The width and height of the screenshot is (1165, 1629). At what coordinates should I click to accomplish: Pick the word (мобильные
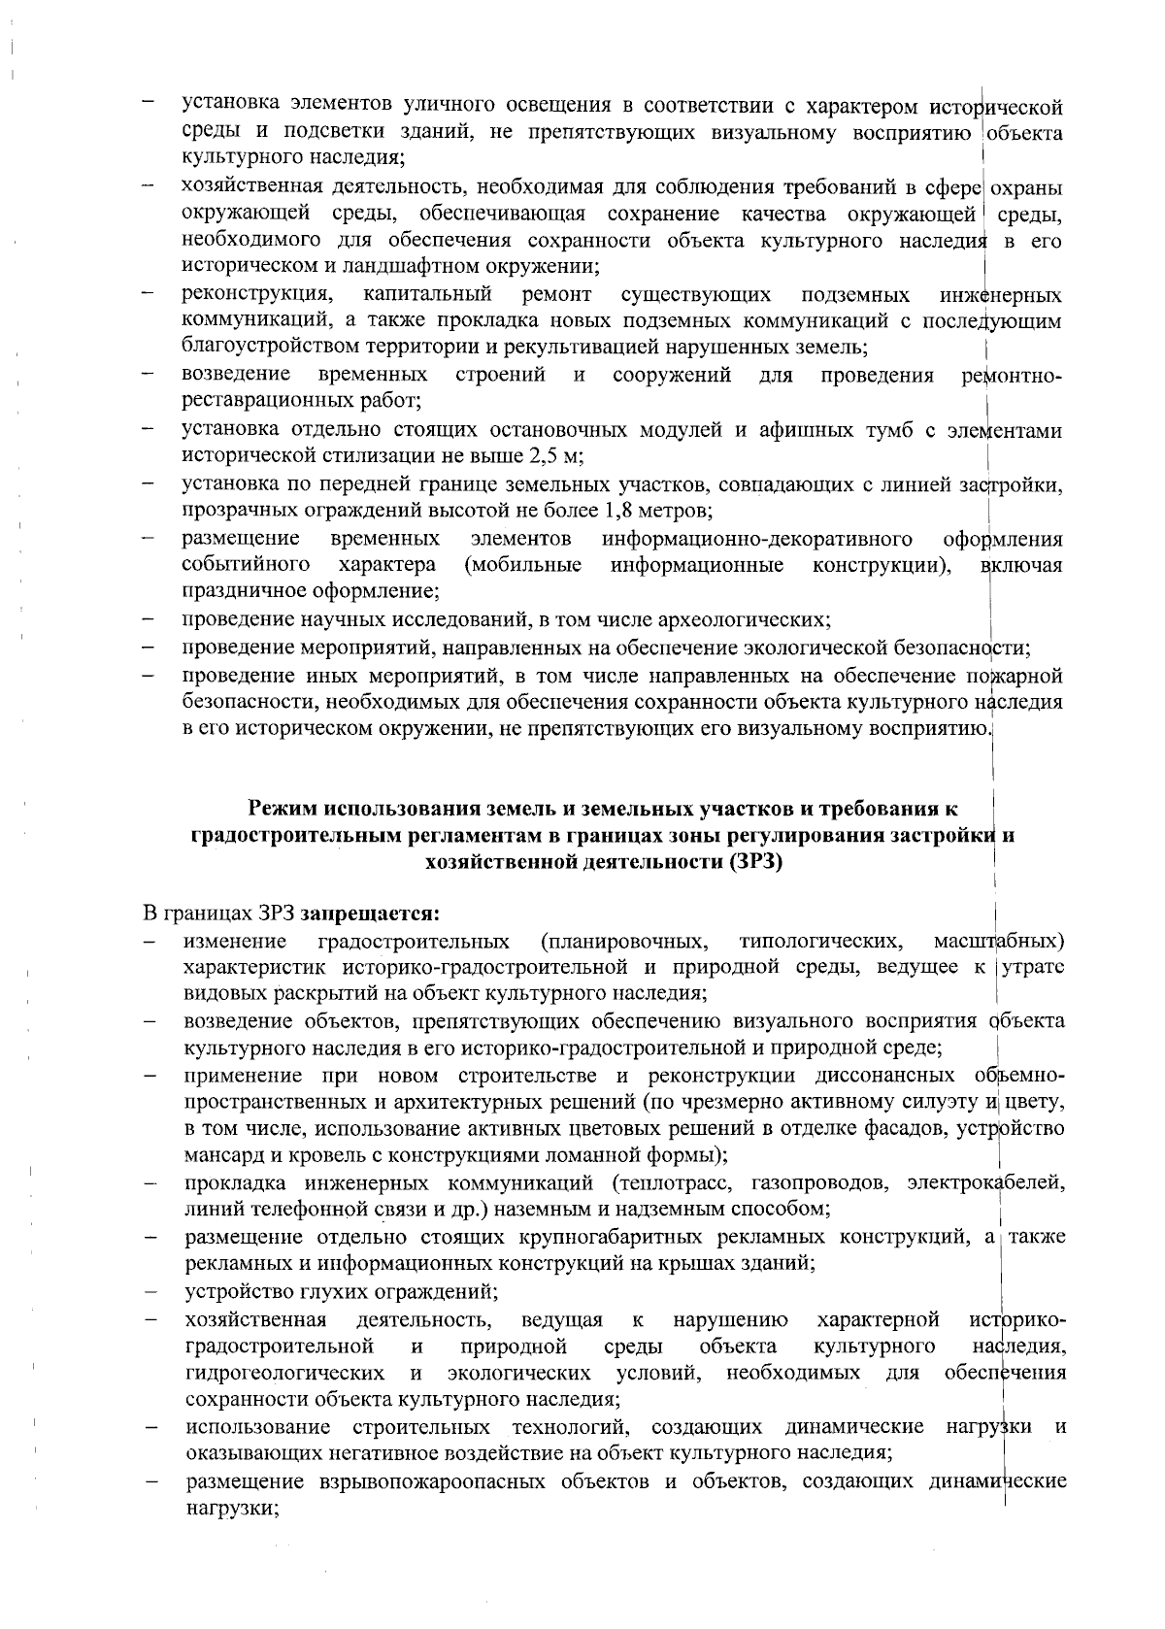(x=523, y=565)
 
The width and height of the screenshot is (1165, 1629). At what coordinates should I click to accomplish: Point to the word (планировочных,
(x=623, y=942)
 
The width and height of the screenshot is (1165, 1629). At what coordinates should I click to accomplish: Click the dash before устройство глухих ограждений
(x=151, y=1293)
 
